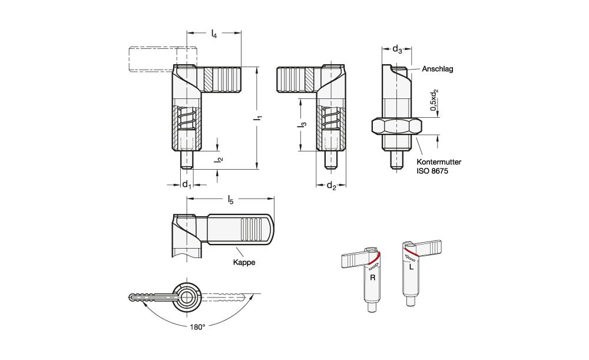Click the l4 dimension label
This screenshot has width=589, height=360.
(x=214, y=34)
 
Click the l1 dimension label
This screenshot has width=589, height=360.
(x=258, y=118)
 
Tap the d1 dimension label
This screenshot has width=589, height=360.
(x=187, y=184)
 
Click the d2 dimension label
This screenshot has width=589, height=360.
(x=331, y=185)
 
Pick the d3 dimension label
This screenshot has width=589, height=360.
(x=398, y=49)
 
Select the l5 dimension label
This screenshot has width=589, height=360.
(x=231, y=200)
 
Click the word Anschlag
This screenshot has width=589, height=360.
(x=437, y=69)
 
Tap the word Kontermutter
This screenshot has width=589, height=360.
(x=439, y=162)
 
